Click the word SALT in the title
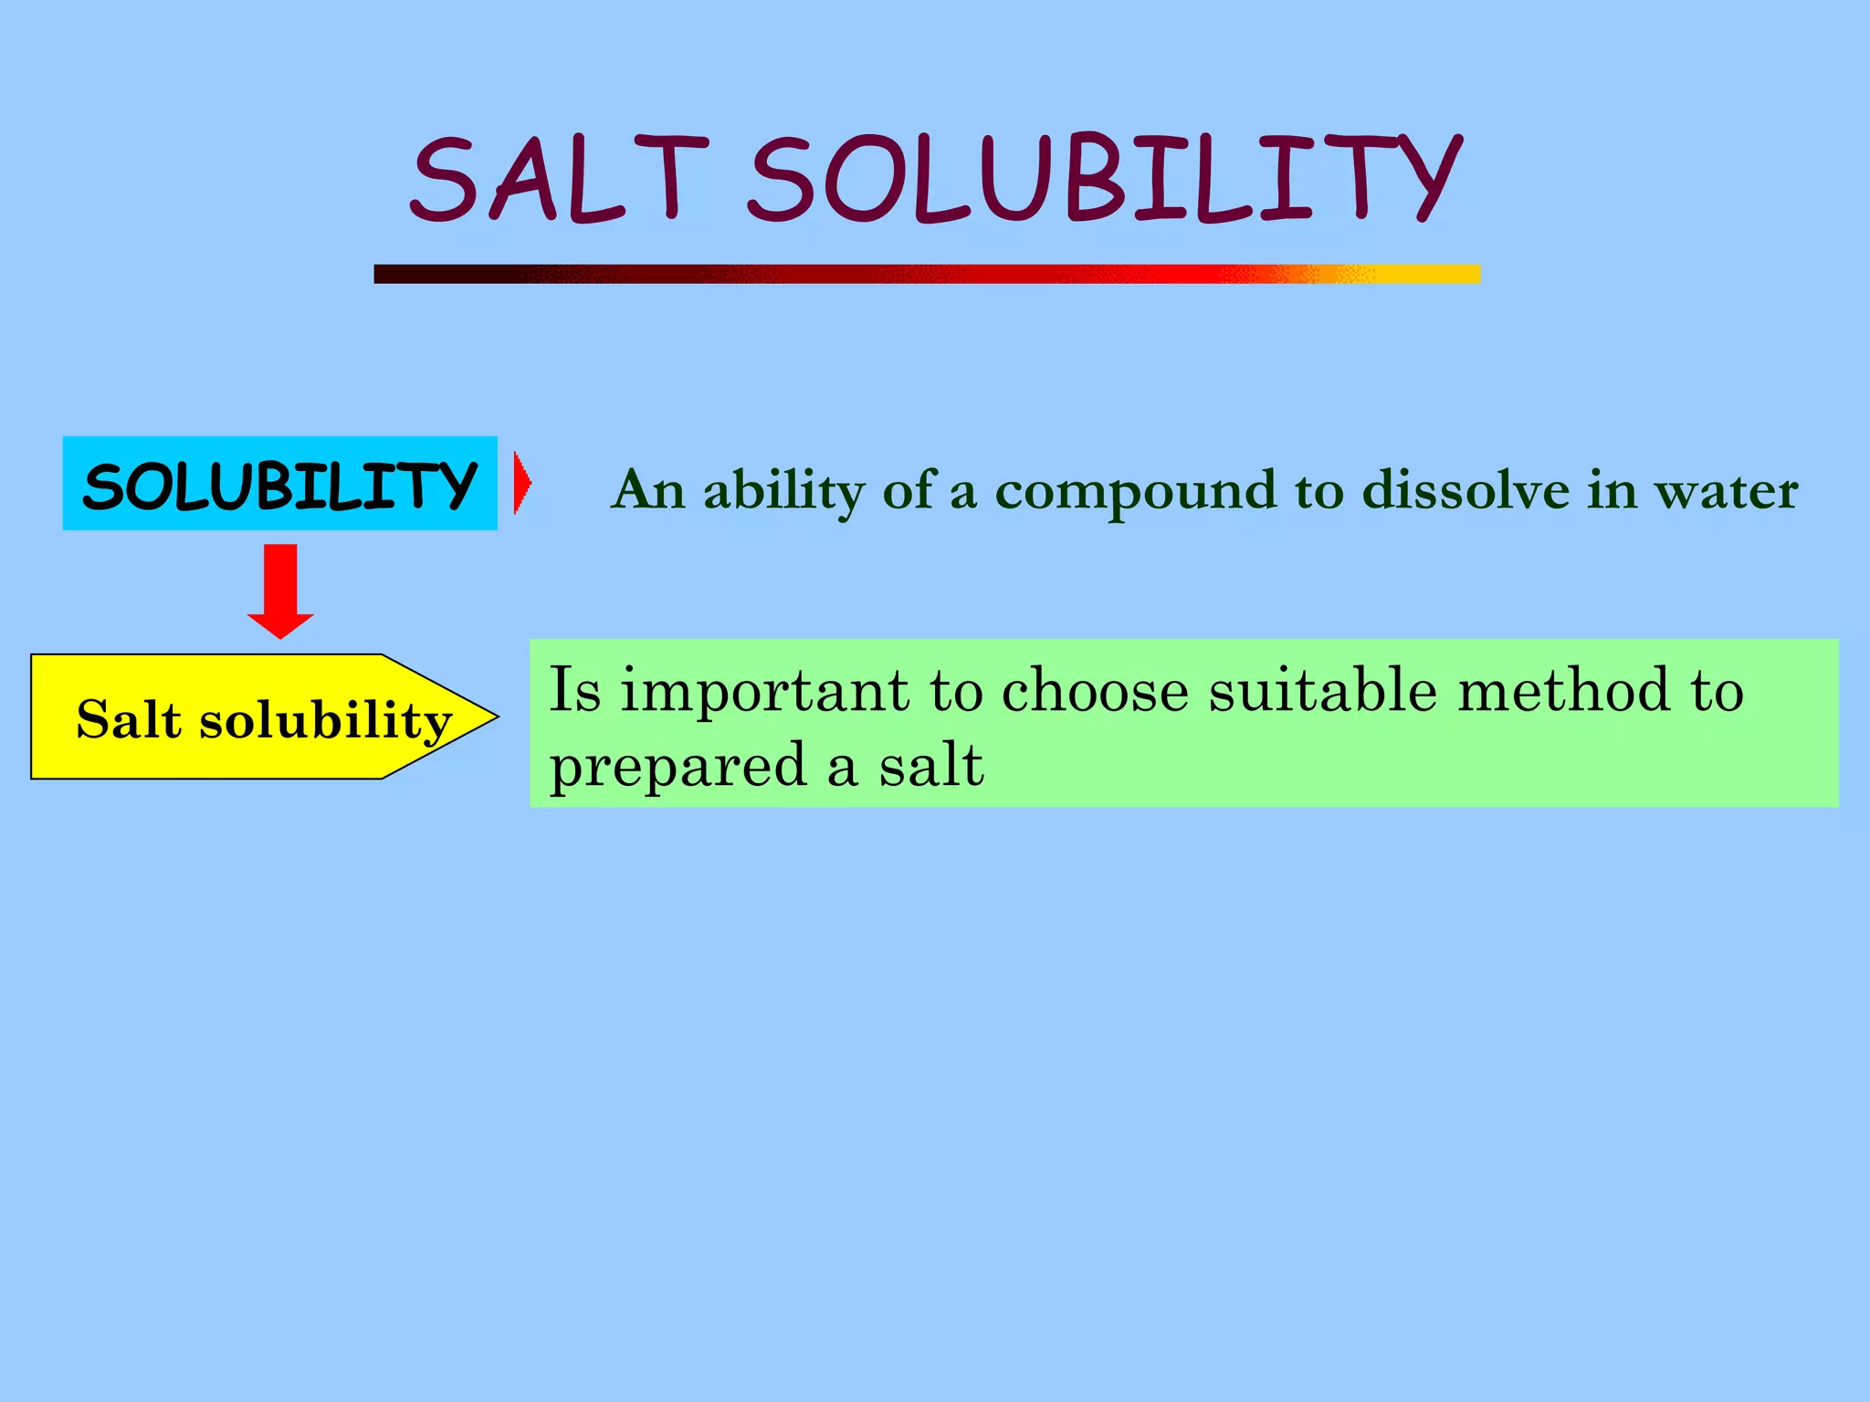(559, 178)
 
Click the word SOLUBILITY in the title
(1105, 178)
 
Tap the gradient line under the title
(927, 274)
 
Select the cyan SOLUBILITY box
(279, 484)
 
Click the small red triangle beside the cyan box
(521, 483)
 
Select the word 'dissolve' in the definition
(1466, 490)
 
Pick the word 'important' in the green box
(765, 691)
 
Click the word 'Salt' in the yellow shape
(129, 719)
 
